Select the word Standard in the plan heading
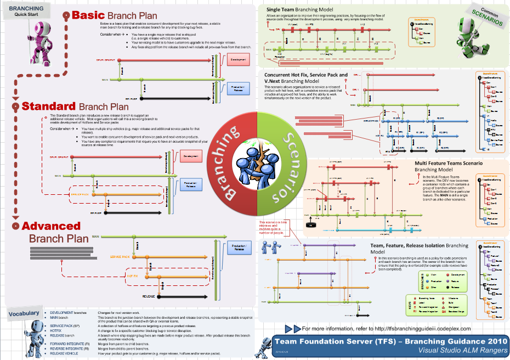click(x=48, y=106)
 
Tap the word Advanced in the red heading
click(x=51, y=226)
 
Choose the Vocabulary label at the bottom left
click(x=24, y=313)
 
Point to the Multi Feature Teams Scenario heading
click(x=449, y=163)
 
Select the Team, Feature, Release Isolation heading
click(x=419, y=246)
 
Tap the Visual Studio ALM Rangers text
click(x=461, y=350)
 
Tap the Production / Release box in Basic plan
click(x=237, y=89)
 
